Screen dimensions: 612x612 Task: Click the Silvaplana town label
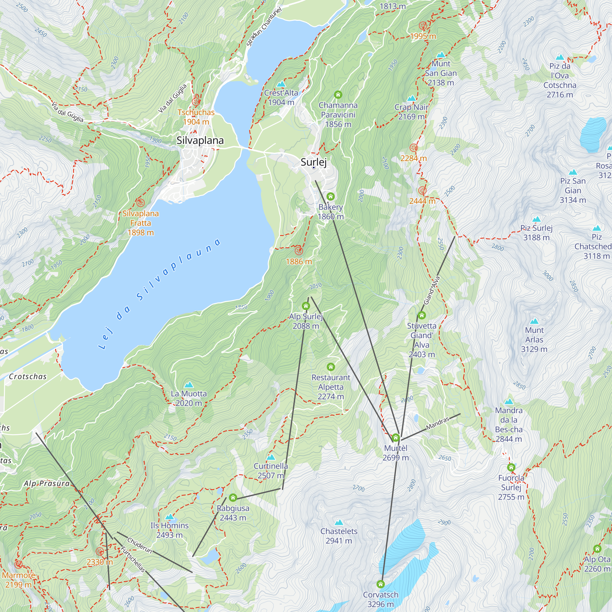click(x=200, y=140)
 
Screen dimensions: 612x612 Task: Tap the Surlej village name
click(x=313, y=162)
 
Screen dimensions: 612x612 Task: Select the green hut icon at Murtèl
click(x=395, y=438)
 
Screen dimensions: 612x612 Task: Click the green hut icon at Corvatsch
click(x=380, y=584)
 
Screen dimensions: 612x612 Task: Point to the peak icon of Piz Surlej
click(x=536, y=219)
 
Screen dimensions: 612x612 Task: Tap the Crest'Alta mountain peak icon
click(x=281, y=84)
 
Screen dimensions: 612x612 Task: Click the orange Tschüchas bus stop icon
click(x=196, y=102)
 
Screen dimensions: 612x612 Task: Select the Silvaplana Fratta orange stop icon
click(x=140, y=203)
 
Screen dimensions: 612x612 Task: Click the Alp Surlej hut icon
click(x=306, y=306)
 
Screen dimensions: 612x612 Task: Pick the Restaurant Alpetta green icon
click(x=331, y=367)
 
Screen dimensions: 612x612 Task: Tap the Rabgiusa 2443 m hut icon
click(x=233, y=498)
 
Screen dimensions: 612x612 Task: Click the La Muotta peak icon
click(x=189, y=385)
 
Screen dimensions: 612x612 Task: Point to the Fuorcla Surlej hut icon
click(x=511, y=467)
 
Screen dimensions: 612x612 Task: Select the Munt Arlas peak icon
click(x=534, y=321)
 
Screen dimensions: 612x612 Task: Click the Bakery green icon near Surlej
click(x=330, y=196)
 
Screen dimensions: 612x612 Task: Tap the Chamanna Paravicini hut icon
click(x=338, y=94)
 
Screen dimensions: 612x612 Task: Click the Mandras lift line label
click(x=438, y=424)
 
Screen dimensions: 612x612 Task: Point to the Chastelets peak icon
click(x=339, y=522)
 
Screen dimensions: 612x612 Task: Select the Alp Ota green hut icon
click(x=597, y=549)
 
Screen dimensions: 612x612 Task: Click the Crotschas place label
click(x=28, y=376)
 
